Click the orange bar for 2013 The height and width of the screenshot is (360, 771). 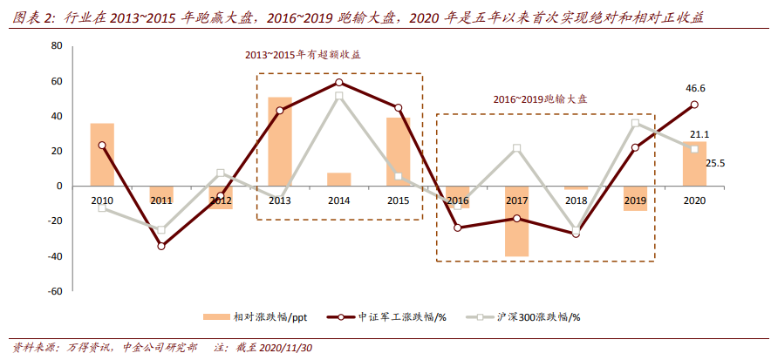click(x=279, y=141)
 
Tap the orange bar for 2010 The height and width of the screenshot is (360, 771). click(x=102, y=154)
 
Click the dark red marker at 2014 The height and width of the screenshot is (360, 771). click(x=338, y=82)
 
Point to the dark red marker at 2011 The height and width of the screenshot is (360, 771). click(x=160, y=246)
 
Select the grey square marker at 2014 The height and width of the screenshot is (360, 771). click(x=338, y=96)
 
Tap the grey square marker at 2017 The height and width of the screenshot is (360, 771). click(x=516, y=148)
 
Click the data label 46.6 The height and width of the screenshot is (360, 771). click(x=695, y=88)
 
